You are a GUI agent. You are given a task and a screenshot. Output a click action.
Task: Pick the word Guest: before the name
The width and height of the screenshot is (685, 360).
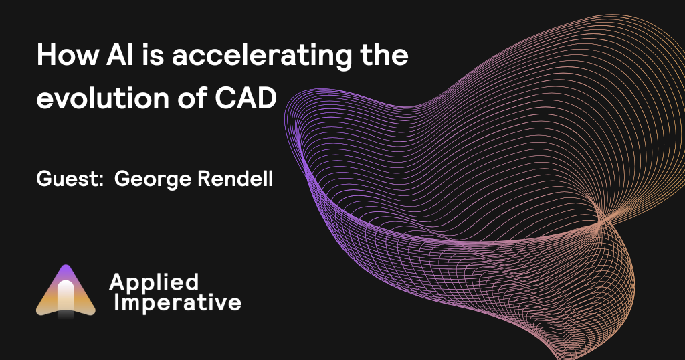pos(68,180)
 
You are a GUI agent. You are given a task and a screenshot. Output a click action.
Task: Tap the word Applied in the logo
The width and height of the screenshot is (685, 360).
pos(153,282)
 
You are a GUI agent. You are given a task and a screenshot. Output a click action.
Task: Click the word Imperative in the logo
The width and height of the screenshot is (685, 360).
pos(177,303)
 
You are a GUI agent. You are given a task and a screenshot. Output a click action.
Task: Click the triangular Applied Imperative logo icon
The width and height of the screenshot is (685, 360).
pos(66,292)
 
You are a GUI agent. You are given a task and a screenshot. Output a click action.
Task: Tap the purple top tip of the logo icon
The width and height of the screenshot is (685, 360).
pos(66,270)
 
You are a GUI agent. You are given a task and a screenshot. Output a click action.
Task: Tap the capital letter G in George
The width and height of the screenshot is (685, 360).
pos(122,180)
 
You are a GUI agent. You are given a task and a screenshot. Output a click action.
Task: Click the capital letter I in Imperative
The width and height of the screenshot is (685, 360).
pos(118,303)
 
